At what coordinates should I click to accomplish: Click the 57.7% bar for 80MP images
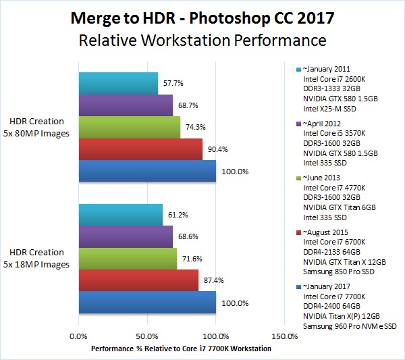118,83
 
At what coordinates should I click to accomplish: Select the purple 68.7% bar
126,105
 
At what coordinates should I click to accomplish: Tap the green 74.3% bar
130,127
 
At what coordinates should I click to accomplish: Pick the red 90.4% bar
140,149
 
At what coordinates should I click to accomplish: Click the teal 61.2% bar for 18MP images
121,215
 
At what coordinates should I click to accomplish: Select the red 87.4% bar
138,280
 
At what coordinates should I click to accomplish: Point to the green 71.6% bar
128,259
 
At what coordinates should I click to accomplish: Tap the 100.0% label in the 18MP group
235,303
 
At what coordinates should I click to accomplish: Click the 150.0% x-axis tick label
285,335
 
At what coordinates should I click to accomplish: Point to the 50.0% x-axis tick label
147,335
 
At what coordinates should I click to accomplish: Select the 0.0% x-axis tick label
79,335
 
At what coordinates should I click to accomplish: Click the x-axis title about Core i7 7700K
180,349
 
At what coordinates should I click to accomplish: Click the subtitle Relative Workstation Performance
202,41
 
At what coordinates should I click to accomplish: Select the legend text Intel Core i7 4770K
334,187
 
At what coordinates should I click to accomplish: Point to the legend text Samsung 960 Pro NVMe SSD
350,326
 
